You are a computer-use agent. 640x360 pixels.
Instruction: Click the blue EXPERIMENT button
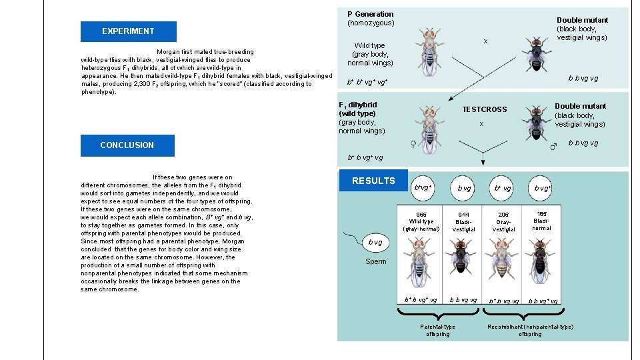(x=128, y=31)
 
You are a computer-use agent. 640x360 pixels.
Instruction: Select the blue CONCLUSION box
(x=127, y=145)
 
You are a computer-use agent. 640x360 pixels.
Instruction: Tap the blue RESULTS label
(x=373, y=181)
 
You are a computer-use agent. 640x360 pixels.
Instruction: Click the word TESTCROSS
(x=485, y=109)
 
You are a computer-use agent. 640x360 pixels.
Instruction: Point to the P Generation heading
(x=370, y=14)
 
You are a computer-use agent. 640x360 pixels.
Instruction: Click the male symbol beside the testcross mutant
(x=553, y=146)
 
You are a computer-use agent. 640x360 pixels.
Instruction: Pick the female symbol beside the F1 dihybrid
(x=413, y=144)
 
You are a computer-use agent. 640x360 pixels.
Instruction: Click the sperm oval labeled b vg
(x=376, y=243)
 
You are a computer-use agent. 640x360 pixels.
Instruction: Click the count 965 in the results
(x=421, y=215)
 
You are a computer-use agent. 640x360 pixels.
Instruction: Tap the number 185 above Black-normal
(x=541, y=214)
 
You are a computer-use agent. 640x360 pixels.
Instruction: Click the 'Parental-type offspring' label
(x=437, y=330)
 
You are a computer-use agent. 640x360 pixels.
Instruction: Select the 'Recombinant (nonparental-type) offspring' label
(x=530, y=330)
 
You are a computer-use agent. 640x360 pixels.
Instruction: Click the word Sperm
(x=375, y=262)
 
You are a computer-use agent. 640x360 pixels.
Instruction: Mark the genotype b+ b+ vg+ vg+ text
(x=366, y=82)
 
